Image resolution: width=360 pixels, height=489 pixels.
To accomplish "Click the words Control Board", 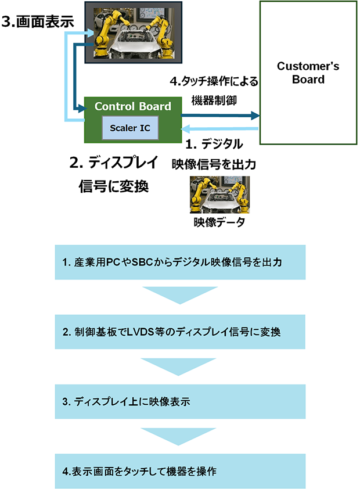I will pyautogui.click(x=133, y=106).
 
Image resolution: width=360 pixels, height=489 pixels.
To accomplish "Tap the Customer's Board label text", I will pyautogui.click(x=308, y=72).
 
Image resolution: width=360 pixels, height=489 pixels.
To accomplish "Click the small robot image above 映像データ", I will pyautogui.click(x=219, y=195).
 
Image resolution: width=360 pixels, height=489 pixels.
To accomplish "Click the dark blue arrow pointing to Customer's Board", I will pyautogui.click(x=220, y=115).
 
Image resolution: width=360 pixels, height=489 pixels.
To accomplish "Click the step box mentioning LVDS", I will pyautogui.click(x=179, y=332).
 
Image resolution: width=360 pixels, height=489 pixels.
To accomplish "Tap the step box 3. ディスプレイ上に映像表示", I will pyautogui.click(x=179, y=401).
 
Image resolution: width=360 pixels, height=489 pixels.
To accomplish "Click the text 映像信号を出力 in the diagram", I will pyautogui.click(x=213, y=164).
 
